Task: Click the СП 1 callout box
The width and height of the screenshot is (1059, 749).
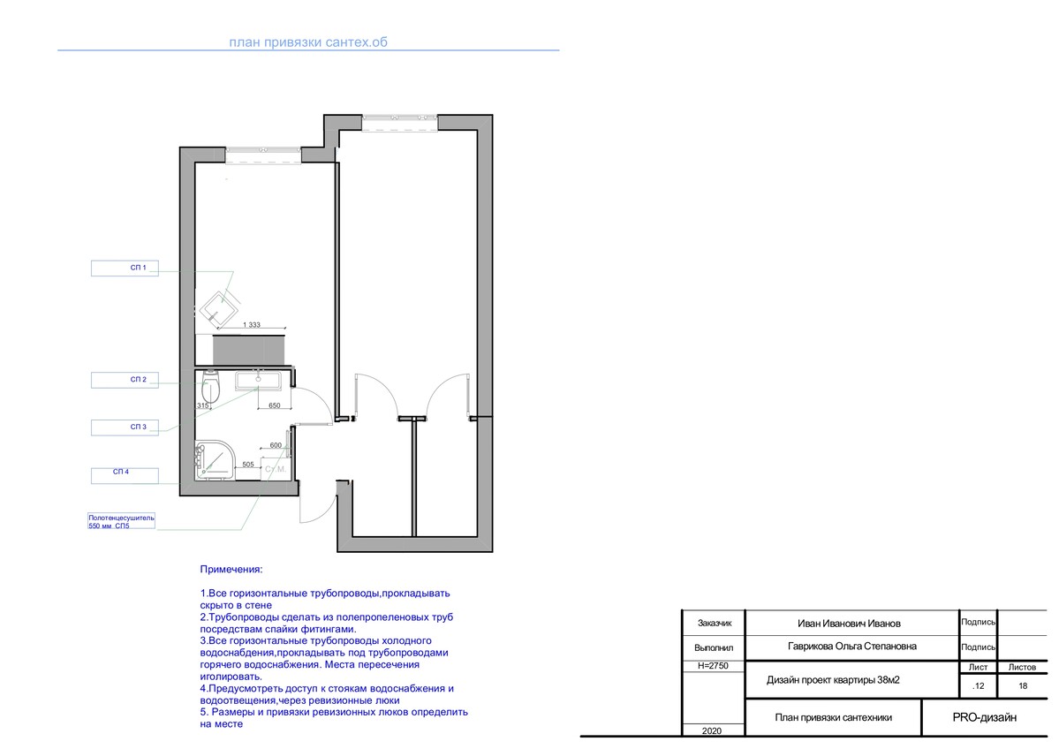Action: (125, 269)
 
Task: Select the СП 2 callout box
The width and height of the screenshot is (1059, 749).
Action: (125, 380)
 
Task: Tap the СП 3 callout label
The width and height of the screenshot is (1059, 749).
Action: (125, 427)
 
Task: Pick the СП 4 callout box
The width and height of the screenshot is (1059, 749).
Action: (125, 475)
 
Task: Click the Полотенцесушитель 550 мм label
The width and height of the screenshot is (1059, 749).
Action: (122, 521)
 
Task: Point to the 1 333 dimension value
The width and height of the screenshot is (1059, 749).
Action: (251, 325)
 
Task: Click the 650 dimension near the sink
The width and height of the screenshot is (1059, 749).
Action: (274, 406)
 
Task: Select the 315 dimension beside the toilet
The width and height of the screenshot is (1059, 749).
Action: (202, 406)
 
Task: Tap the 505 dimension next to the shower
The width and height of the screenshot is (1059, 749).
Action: (248, 465)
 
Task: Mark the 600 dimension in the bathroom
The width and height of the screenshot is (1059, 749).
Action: (276, 446)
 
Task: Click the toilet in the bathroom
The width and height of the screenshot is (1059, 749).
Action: (210, 388)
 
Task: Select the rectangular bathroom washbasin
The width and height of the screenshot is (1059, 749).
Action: (259, 381)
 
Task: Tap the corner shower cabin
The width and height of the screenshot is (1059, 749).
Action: (215, 460)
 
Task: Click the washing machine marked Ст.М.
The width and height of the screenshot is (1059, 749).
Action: (276, 467)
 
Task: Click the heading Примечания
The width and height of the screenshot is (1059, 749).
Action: (231, 570)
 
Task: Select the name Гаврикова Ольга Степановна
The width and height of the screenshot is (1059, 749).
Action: (852, 647)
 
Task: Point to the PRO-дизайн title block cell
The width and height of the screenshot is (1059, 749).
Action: (984, 717)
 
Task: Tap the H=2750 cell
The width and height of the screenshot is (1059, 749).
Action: (713, 666)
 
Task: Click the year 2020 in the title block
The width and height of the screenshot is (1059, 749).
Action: (712, 730)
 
